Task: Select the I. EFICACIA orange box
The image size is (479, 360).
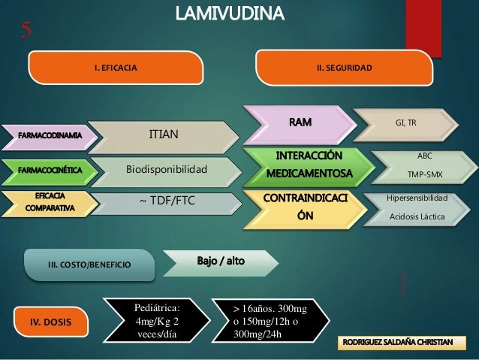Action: click(116, 68)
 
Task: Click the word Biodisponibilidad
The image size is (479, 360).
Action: click(166, 169)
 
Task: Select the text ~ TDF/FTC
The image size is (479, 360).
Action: click(163, 201)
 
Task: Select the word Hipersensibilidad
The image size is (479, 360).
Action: click(415, 198)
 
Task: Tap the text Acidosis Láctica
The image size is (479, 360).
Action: click(415, 217)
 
